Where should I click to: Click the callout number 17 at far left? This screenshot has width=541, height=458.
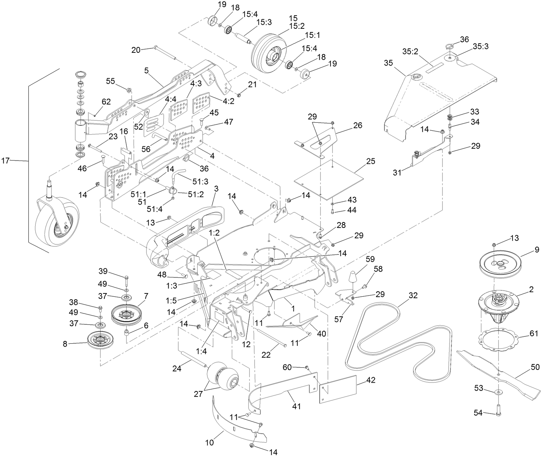click(x=6, y=160)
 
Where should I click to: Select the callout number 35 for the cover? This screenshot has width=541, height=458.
click(x=388, y=63)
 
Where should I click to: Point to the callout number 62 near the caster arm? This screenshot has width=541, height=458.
click(x=106, y=102)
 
